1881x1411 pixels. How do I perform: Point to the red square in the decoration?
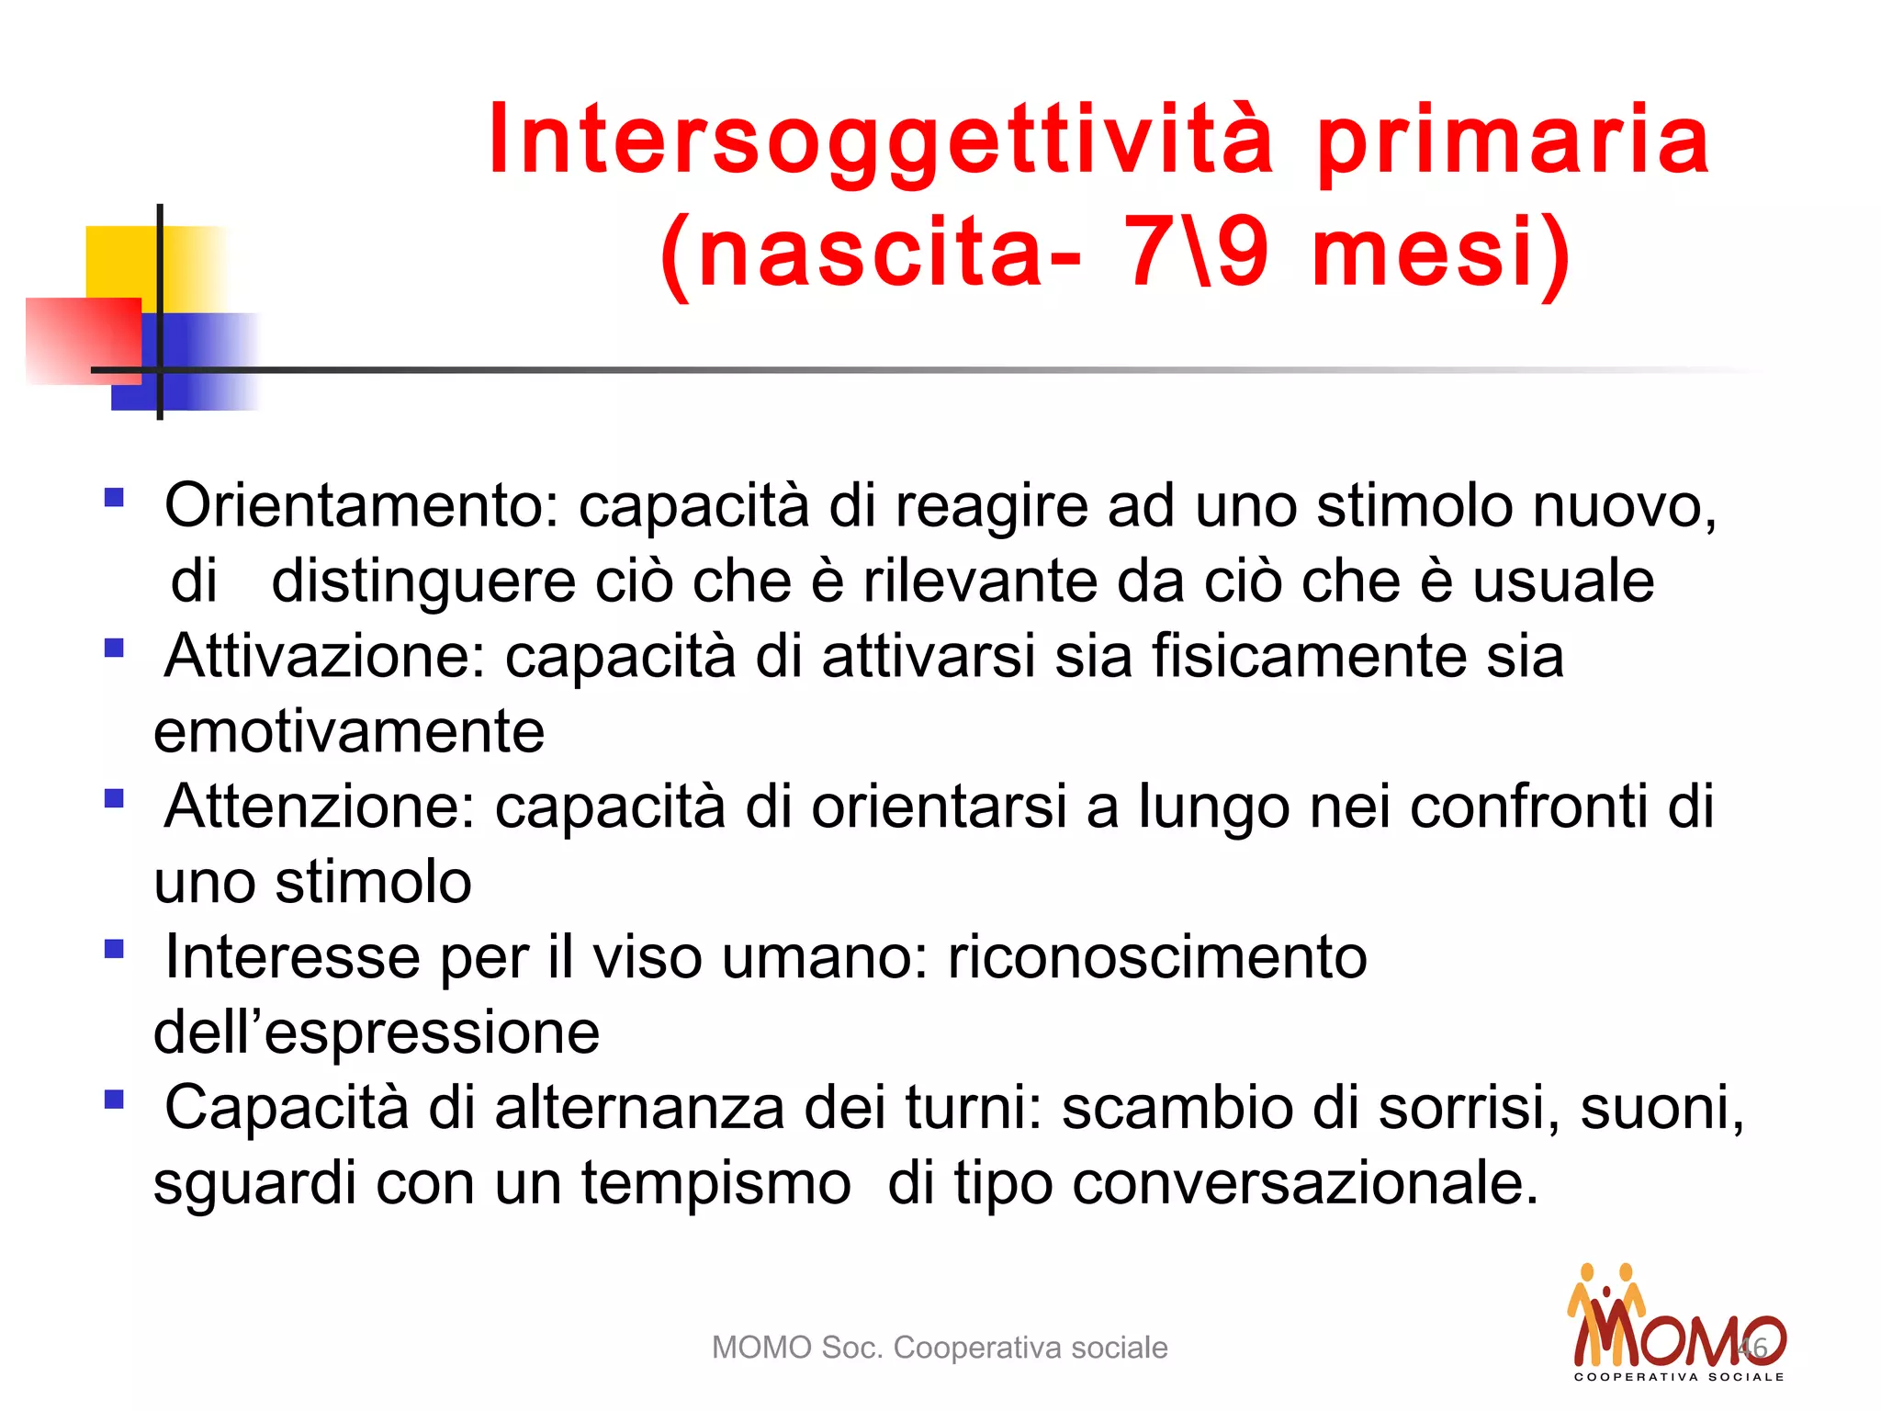point(83,340)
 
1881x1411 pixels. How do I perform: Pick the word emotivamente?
point(349,732)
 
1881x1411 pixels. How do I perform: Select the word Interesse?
point(292,958)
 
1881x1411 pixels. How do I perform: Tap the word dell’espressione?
point(377,1033)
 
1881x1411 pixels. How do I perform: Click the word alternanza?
point(639,1109)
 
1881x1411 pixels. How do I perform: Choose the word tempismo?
point(715,1184)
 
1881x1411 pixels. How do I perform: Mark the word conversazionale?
point(1304,1184)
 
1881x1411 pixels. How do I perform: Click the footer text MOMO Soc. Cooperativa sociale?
point(940,1348)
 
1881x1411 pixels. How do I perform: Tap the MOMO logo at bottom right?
point(1677,1327)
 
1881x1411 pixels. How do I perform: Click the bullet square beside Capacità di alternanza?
point(114,1100)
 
